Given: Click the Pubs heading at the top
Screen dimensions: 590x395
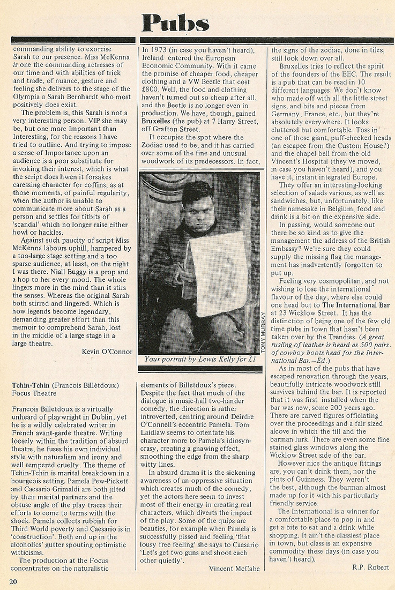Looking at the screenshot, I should (175, 23).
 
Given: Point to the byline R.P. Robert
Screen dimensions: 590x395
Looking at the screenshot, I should (370, 567).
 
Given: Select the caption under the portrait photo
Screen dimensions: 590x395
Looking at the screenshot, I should (199, 360).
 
